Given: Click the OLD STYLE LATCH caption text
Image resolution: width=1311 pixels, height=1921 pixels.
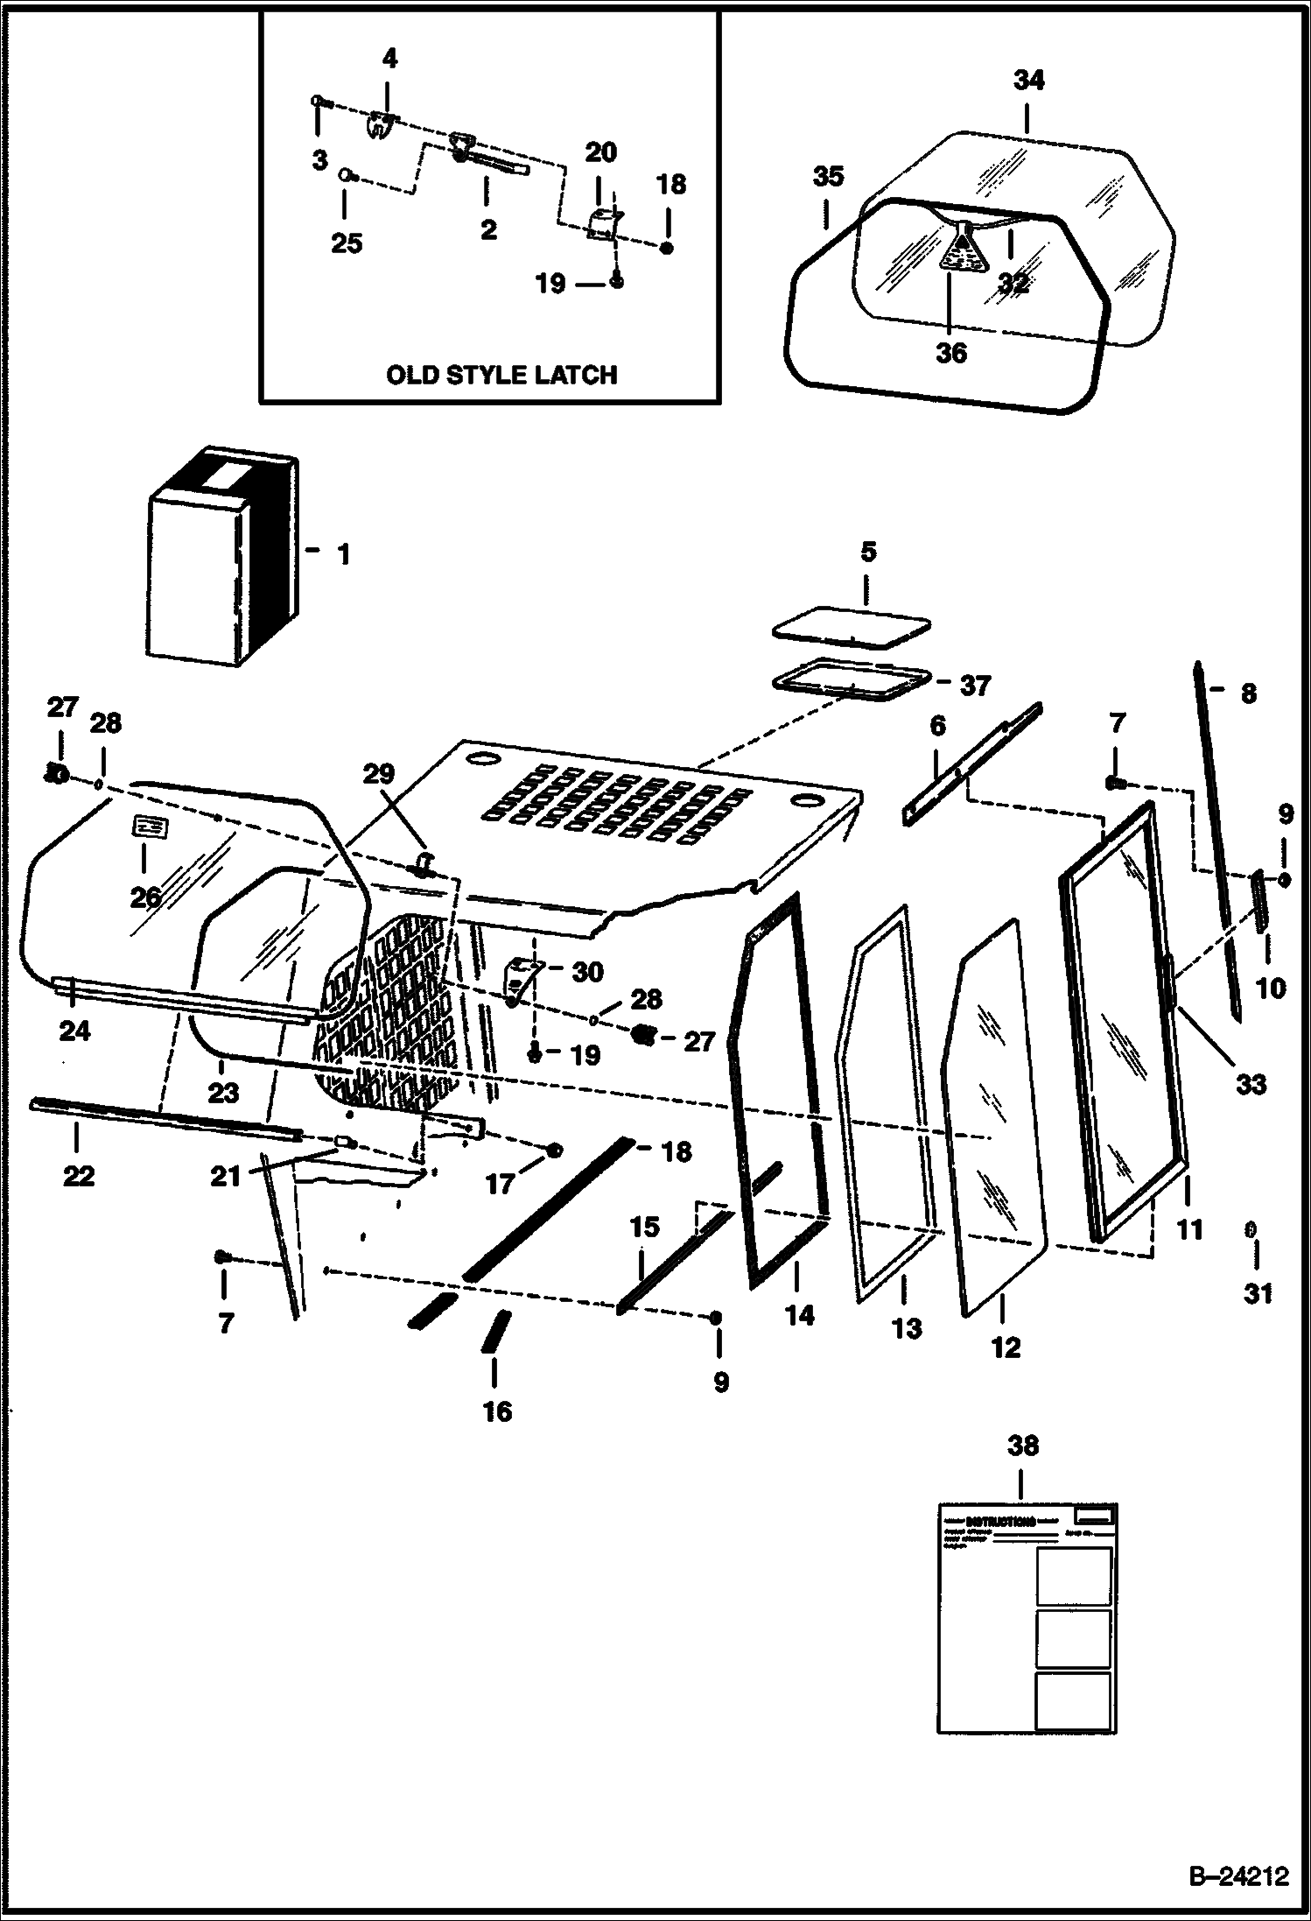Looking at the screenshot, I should pyautogui.click(x=501, y=376).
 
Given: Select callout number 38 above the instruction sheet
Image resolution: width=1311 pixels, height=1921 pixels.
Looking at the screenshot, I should pyautogui.click(x=1023, y=1446).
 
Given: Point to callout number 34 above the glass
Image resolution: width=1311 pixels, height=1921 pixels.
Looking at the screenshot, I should pyautogui.click(x=1029, y=81).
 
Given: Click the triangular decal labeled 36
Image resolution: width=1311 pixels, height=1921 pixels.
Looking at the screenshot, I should pyautogui.click(x=962, y=250).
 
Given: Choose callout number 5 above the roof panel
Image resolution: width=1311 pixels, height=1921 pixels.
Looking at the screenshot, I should pyautogui.click(x=867, y=552).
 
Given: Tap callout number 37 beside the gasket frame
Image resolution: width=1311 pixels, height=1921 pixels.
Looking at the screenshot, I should pyautogui.click(x=975, y=686).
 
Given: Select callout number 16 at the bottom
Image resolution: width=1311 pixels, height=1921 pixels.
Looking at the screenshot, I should pyautogui.click(x=497, y=1411).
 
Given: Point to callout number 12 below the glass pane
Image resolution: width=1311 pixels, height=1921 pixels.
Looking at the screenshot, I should pyautogui.click(x=1006, y=1348).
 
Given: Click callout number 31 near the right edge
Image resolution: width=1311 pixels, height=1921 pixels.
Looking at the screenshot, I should pyautogui.click(x=1258, y=1293).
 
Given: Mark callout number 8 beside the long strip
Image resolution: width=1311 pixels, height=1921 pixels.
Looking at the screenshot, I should pyautogui.click(x=1248, y=693).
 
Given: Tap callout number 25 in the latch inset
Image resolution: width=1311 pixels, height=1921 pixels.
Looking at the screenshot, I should pyautogui.click(x=347, y=243).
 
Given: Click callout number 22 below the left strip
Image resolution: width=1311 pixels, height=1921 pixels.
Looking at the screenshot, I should pyautogui.click(x=78, y=1176).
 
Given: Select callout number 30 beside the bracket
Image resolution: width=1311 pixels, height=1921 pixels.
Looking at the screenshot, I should pyautogui.click(x=588, y=971).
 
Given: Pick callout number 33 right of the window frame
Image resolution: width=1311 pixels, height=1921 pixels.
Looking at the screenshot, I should pyautogui.click(x=1251, y=1084).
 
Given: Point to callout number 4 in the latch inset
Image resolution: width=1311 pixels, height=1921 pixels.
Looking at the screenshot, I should pyautogui.click(x=389, y=59).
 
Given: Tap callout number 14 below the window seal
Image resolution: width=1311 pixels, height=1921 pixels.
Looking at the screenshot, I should pyautogui.click(x=800, y=1315).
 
